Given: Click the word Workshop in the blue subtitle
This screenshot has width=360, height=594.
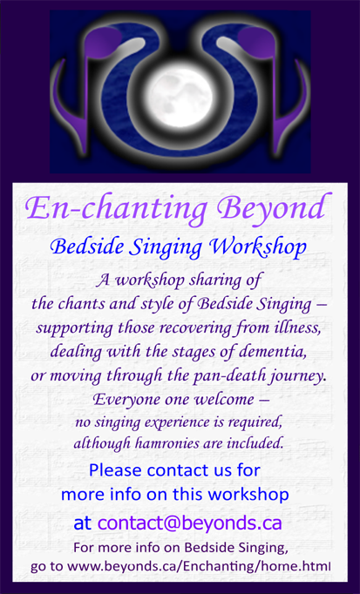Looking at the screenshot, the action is point(258,247).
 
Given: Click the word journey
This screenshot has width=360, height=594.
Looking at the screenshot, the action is point(298,377).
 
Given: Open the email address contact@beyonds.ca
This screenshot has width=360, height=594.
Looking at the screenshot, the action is point(190,523).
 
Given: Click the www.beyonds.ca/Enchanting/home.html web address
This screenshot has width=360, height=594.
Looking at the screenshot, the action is point(199,567).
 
